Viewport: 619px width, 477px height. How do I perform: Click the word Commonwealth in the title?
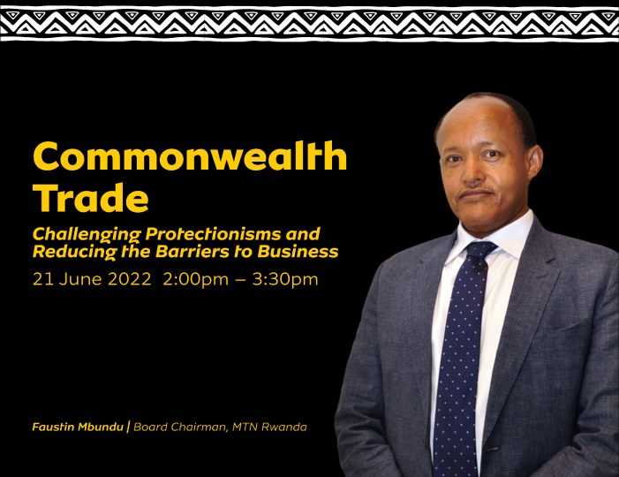[x=190, y=156]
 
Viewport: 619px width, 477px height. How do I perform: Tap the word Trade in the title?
[x=91, y=198]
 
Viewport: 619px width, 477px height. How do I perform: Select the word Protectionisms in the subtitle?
[x=212, y=235]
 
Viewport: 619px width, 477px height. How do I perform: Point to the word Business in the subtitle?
[x=298, y=252]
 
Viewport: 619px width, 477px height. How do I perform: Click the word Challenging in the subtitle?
[x=87, y=235]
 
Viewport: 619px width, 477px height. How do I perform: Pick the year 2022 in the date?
[x=130, y=279]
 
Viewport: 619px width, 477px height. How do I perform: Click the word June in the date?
[x=80, y=279]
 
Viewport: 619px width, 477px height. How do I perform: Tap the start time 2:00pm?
[x=196, y=279]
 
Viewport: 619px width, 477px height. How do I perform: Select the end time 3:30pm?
[x=285, y=279]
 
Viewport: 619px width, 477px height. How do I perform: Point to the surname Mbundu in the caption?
[x=101, y=427]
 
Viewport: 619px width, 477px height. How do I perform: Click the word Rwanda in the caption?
[x=284, y=427]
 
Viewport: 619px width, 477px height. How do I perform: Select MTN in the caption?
[x=245, y=427]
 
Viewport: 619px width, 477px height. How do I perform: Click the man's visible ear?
[x=534, y=163]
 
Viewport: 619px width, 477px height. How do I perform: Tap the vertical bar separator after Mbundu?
[x=128, y=427]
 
